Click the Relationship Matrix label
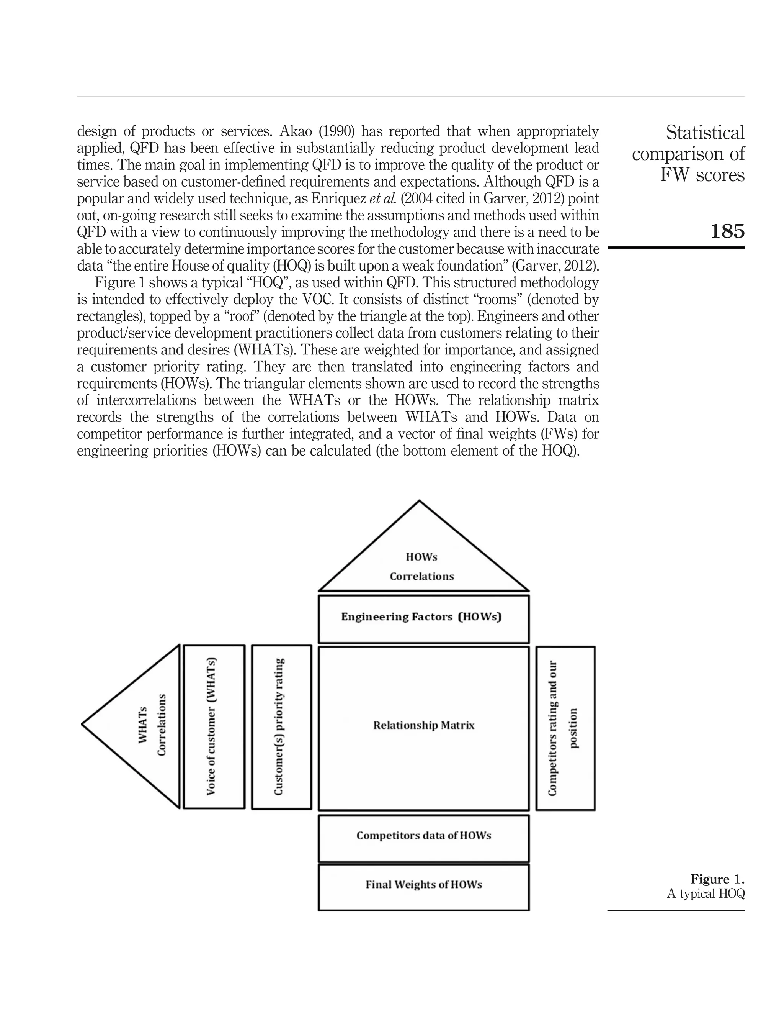tap(423, 725)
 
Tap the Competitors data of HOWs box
tap(423, 836)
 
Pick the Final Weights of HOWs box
tap(423, 885)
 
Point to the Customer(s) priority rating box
tap(281, 726)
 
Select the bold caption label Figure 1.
tap(717, 879)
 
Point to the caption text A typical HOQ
tap(706, 894)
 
